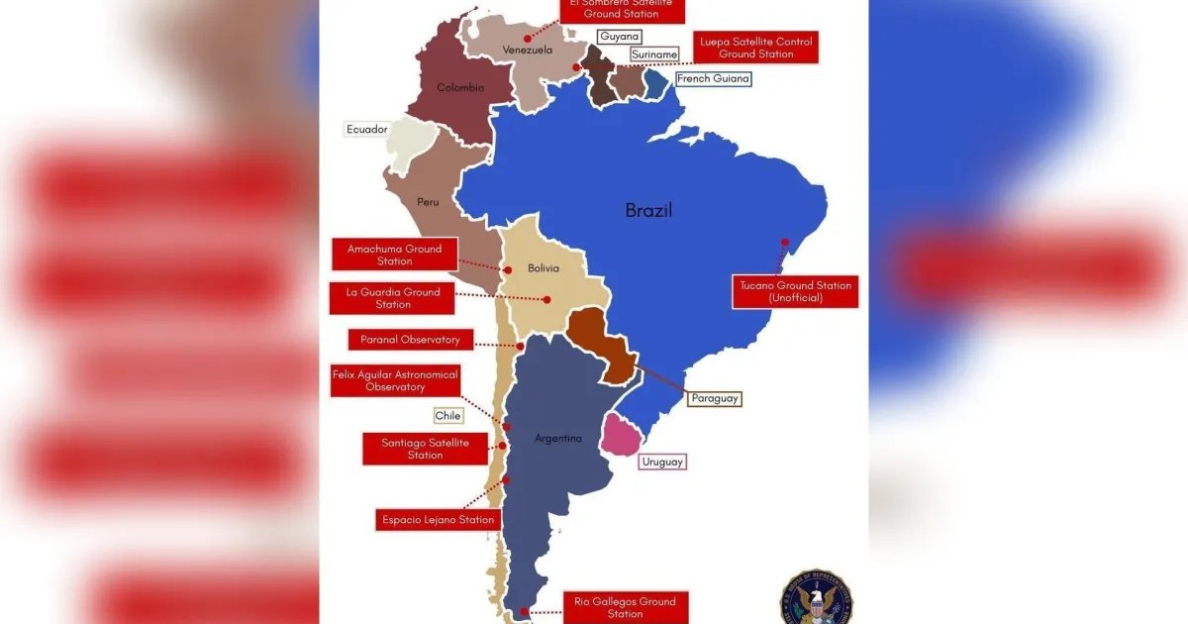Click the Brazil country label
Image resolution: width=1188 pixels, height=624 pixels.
tap(648, 210)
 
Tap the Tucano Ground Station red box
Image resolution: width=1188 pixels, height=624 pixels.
tap(795, 291)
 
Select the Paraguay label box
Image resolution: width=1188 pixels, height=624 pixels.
tap(715, 398)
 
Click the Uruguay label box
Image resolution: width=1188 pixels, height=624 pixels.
tap(662, 462)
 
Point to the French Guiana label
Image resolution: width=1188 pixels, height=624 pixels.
tap(713, 78)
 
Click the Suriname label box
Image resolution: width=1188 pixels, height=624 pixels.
tap(653, 54)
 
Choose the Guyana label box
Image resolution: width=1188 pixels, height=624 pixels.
tap(620, 36)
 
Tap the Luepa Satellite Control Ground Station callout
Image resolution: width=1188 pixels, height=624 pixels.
tap(755, 48)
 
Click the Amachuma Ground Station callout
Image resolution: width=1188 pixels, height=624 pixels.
tap(394, 255)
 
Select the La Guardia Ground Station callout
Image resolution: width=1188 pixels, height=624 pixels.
tap(392, 298)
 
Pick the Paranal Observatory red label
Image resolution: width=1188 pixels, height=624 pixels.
tap(403, 340)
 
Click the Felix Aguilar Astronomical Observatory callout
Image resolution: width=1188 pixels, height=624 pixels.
tap(395, 380)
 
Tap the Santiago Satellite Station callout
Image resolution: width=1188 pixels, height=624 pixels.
tap(425, 448)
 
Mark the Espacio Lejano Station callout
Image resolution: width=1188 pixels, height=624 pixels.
tap(437, 520)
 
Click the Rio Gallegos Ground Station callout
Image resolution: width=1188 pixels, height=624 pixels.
tap(624, 607)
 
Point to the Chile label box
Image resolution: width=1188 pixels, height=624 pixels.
tap(447, 416)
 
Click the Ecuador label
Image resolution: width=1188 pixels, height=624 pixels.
tap(366, 129)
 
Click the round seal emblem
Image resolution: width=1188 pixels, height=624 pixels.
tap(815, 597)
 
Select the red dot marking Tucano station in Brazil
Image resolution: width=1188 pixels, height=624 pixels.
tap(784, 242)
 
